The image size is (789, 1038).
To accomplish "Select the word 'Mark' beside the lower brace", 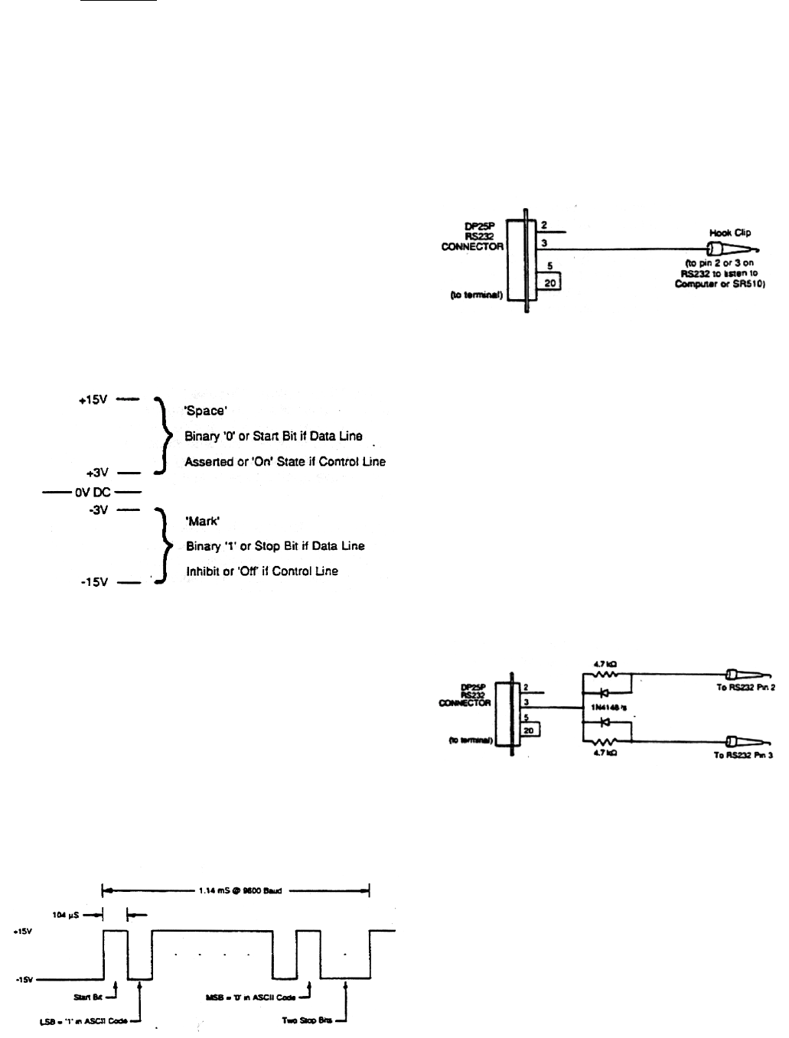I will [x=204, y=521].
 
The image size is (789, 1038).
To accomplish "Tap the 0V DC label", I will [x=92, y=493].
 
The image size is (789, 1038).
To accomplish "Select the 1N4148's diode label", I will [x=609, y=708].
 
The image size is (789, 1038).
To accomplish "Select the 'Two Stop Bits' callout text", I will [x=309, y=1021].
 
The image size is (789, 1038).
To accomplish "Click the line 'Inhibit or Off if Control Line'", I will [x=261, y=571].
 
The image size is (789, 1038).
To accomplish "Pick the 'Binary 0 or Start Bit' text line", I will [x=273, y=437].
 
